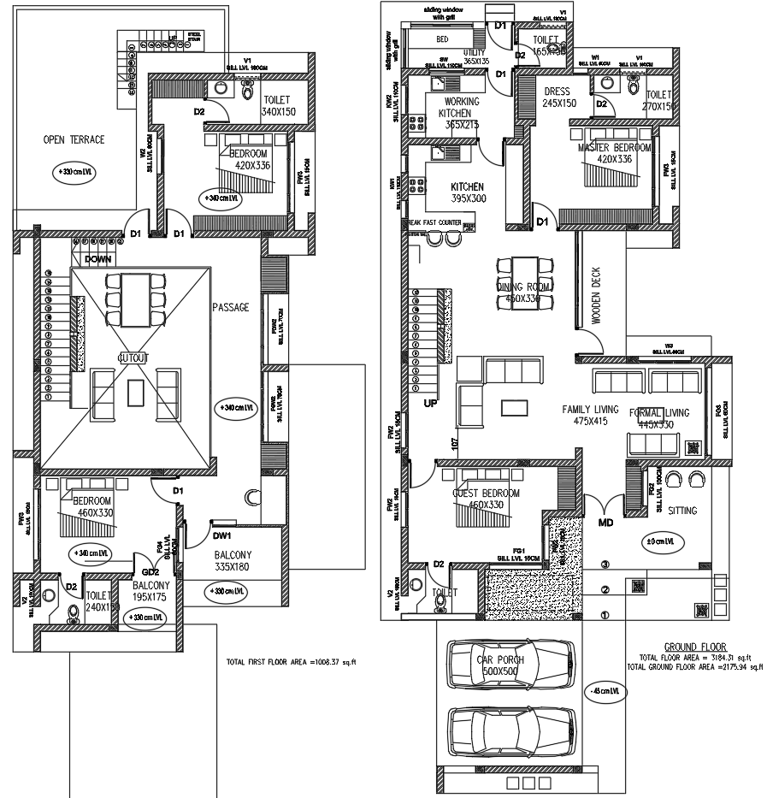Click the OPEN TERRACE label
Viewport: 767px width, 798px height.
coord(74,139)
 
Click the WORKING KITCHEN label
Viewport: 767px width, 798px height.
coord(459,107)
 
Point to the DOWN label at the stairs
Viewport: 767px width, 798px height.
coord(98,258)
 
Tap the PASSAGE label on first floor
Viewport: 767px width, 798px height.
coord(230,307)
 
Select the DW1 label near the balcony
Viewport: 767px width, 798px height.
coord(224,537)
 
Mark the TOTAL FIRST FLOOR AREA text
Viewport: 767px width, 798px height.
coord(290,660)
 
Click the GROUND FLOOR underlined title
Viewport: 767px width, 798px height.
coord(694,647)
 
